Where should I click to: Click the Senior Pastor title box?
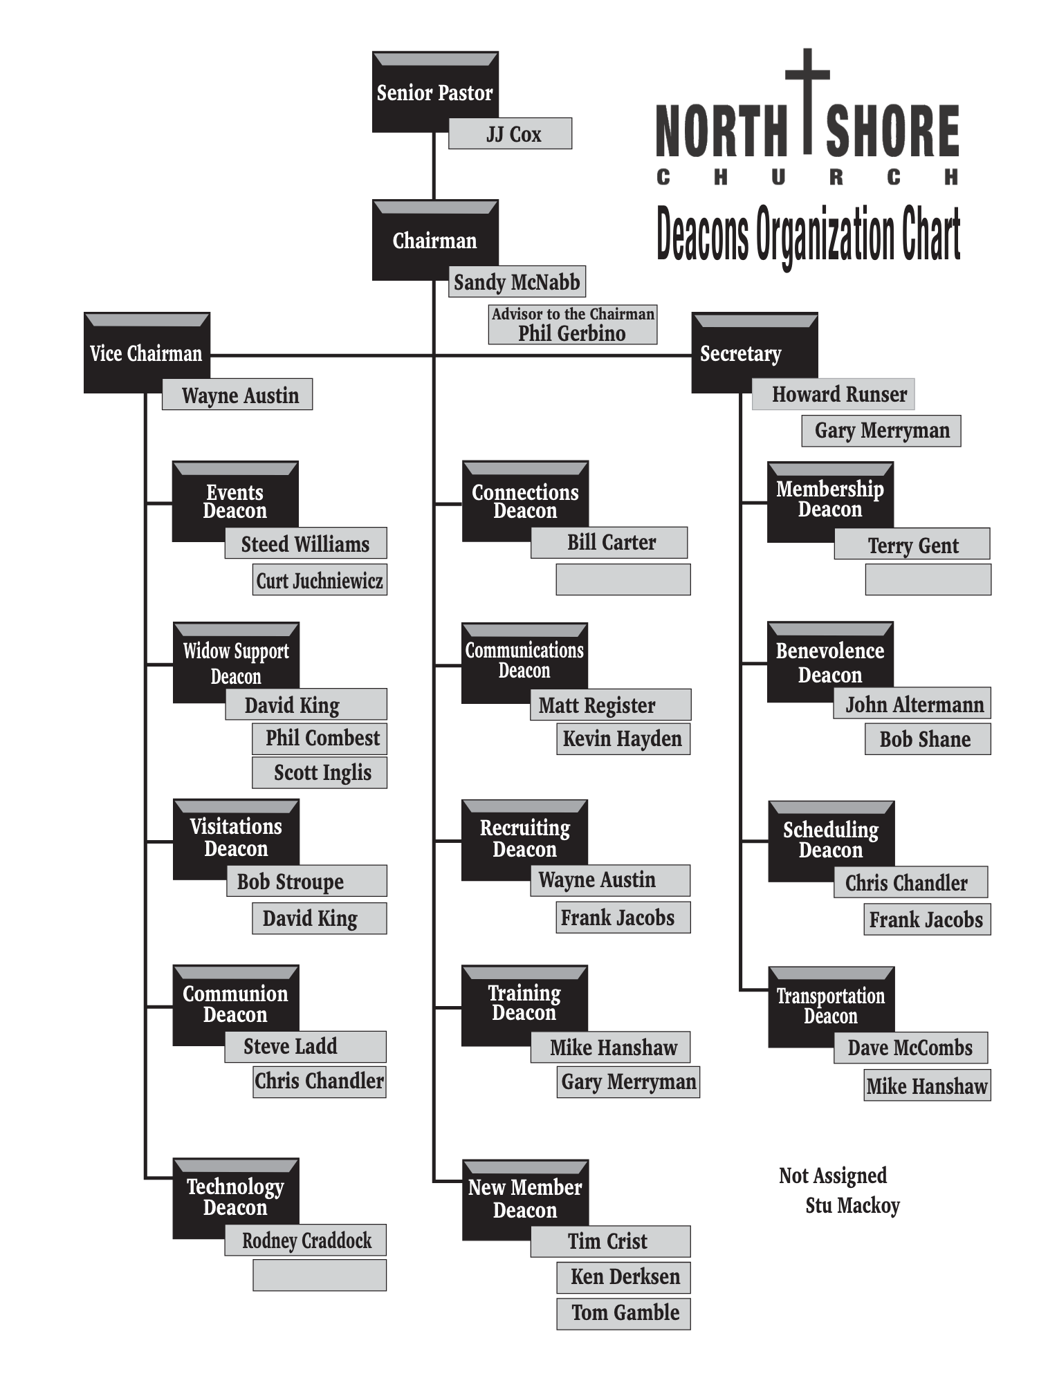pos(434,91)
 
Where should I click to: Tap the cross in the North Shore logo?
pos(807,97)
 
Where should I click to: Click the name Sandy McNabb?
pos(517,282)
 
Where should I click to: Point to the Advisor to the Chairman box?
pos(572,324)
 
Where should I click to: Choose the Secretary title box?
pos(754,353)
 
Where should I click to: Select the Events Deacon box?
pos(235,501)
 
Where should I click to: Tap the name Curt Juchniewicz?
pos(320,580)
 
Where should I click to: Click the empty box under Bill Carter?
pos(623,579)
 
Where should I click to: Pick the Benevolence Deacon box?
pos(829,662)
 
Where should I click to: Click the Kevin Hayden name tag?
pos(623,738)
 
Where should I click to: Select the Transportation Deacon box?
pos(830,1006)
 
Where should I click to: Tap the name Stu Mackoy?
pos(852,1206)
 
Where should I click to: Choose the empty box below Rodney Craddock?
pos(320,1275)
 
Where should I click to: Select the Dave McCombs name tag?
pos(910,1048)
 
